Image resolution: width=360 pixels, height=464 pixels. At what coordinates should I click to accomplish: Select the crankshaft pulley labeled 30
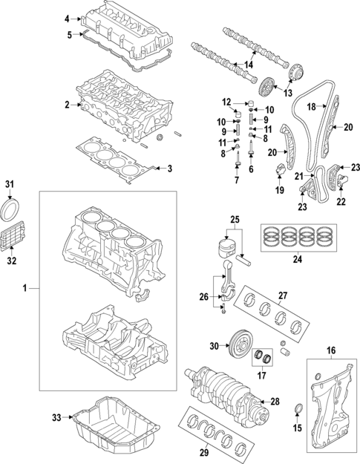pos(240,345)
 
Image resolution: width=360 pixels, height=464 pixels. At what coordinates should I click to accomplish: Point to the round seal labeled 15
pos(299,409)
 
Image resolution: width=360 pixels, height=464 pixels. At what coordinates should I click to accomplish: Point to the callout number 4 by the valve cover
pos(66,18)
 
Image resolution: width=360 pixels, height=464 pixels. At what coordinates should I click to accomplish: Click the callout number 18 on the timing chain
pos(312,106)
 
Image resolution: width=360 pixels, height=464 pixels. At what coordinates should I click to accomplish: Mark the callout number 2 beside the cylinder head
pos(66,105)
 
